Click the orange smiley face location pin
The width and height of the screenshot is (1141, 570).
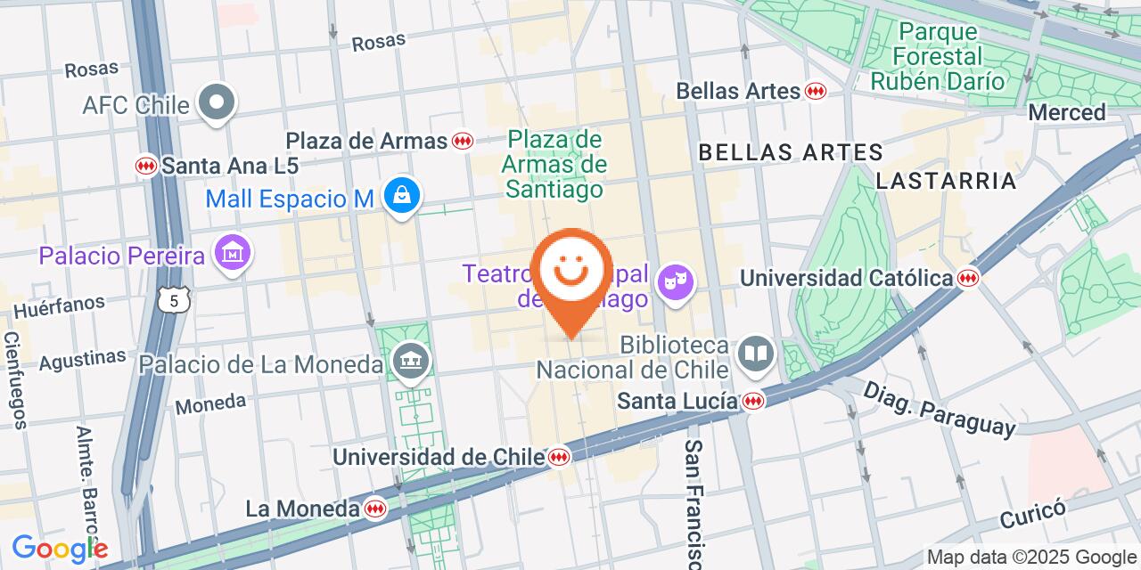click(570, 272)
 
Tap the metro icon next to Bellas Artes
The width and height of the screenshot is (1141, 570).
click(815, 91)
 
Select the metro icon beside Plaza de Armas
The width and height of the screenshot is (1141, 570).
click(462, 141)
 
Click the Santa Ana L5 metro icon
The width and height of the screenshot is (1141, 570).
click(146, 166)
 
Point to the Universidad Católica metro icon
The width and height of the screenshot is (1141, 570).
click(967, 278)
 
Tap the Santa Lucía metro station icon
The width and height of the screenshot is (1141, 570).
click(754, 402)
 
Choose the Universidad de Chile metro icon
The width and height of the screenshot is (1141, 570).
click(560, 457)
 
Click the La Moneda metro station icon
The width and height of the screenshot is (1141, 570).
click(375, 509)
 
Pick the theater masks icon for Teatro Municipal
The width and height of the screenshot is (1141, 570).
click(675, 282)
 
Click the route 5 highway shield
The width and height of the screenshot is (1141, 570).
click(174, 301)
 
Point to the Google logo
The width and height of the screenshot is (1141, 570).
click(59, 549)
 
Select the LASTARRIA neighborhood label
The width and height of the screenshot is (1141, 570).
click(946, 181)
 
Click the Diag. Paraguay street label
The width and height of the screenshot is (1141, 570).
click(940, 409)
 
